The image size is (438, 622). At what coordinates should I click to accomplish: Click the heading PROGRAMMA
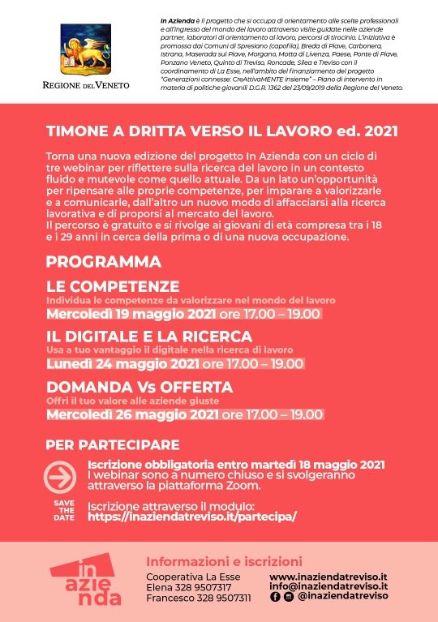point(103,262)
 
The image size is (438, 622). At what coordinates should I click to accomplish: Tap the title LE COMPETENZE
point(112,286)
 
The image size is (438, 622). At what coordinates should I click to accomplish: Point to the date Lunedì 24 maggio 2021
point(122,364)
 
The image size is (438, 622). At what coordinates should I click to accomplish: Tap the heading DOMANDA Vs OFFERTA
point(139,386)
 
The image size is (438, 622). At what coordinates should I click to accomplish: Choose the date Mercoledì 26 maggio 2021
point(132,414)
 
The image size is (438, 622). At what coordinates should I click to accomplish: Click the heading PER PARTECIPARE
point(112,445)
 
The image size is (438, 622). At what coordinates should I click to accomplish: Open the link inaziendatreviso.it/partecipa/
point(191,516)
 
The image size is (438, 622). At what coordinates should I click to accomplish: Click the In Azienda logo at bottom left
point(84,581)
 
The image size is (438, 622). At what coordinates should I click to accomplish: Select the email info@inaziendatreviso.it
point(328,586)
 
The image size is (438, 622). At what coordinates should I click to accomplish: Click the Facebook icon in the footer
point(275,596)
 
